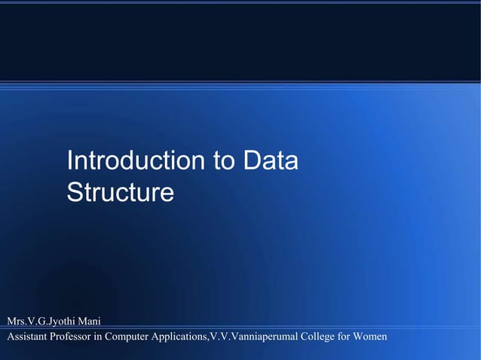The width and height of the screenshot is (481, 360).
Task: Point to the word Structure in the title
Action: pyautogui.click(x=120, y=193)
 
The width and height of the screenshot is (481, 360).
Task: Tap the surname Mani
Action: pyautogui.click(x=90, y=322)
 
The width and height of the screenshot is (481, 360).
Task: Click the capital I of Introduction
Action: pyautogui.click(x=69, y=161)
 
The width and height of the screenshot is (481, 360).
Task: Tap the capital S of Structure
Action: pyautogui.click(x=75, y=193)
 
